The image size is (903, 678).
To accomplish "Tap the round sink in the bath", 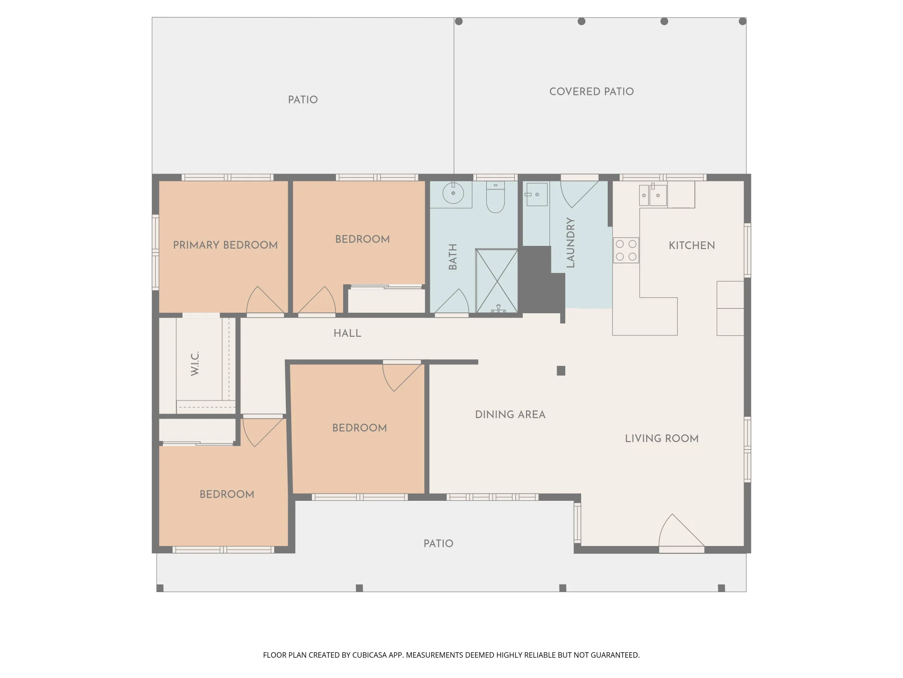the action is [x=453, y=194].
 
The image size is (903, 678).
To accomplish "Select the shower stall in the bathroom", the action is [x=497, y=281].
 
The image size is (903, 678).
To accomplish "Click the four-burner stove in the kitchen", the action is [x=626, y=250].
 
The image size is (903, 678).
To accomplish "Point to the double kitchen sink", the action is [x=653, y=195].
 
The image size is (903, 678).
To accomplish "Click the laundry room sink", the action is [x=536, y=194].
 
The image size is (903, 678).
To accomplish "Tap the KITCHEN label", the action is [x=692, y=245].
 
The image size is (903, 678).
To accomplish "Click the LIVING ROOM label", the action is [x=661, y=438].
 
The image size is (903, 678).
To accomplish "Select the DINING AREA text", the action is [x=510, y=414].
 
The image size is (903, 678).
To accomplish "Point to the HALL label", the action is [x=347, y=333].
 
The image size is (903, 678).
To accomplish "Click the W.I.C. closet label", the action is [x=195, y=363].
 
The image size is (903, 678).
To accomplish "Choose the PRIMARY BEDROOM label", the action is [x=225, y=245].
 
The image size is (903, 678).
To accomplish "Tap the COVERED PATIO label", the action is [x=591, y=91].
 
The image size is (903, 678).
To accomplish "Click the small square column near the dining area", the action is [x=561, y=371].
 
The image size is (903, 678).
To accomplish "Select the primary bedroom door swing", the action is [x=265, y=300].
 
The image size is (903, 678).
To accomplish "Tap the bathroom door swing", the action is [x=451, y=301].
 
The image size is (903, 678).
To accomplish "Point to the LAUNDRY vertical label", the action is [x=570, y=243].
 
